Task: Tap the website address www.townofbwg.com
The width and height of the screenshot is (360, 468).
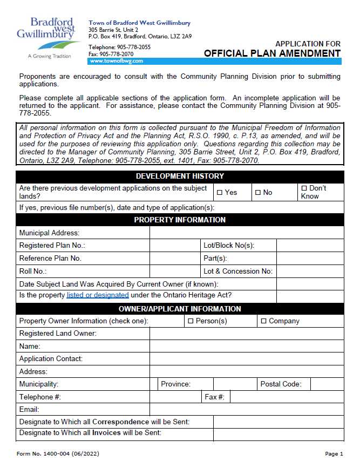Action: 112,62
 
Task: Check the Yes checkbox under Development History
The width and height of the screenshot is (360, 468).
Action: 220,193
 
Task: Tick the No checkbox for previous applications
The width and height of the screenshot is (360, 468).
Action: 258,193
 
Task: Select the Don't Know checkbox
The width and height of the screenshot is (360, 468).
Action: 304,188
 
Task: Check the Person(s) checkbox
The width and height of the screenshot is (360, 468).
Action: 191,321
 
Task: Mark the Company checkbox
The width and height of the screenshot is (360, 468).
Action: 263,321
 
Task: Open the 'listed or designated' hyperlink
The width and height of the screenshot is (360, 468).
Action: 98,295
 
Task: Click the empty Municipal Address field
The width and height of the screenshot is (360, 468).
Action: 246,233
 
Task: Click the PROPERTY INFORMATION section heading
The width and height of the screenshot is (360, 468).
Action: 180,220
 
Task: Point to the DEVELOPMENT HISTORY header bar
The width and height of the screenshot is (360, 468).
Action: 180,176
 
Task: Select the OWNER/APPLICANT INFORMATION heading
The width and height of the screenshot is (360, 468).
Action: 180,309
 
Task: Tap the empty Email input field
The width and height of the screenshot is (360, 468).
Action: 246,410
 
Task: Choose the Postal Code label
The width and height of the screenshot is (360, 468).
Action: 281,384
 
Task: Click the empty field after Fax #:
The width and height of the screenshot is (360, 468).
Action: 286,397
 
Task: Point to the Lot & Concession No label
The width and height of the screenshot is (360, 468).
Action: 238,272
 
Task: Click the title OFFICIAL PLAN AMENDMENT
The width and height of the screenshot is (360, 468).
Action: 272,53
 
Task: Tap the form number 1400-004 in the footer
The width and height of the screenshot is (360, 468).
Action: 58,454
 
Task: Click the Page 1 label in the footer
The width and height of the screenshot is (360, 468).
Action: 334,454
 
